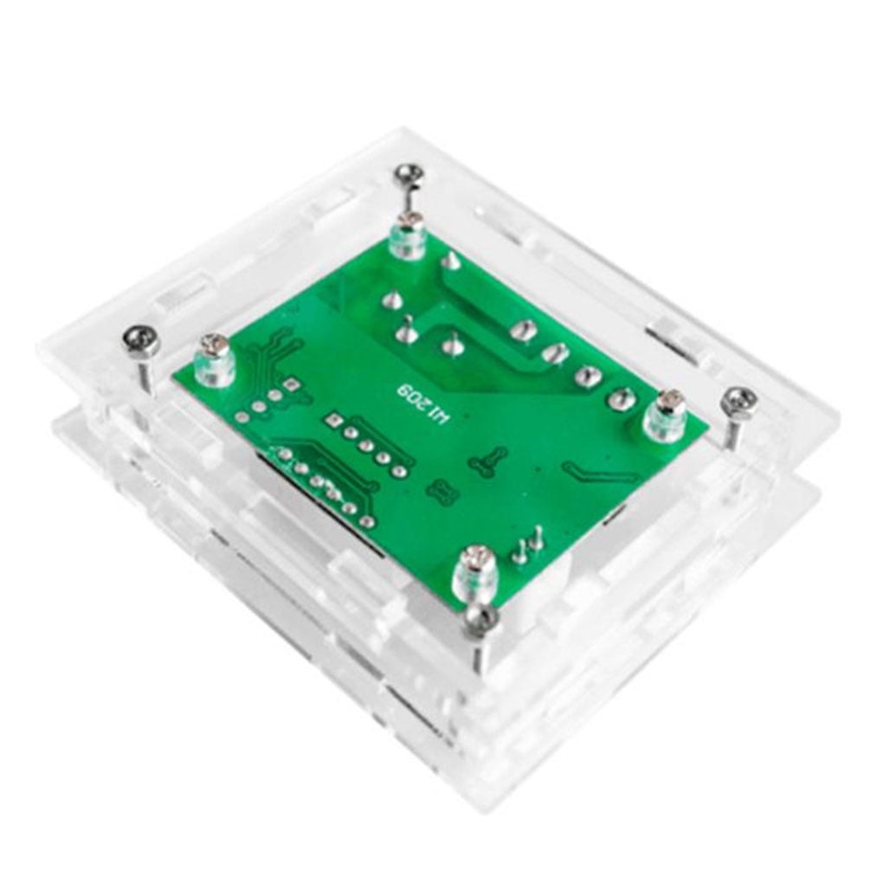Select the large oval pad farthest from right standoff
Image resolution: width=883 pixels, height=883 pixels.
[520, 330]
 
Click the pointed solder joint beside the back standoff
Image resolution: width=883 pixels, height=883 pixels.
[451, 261]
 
